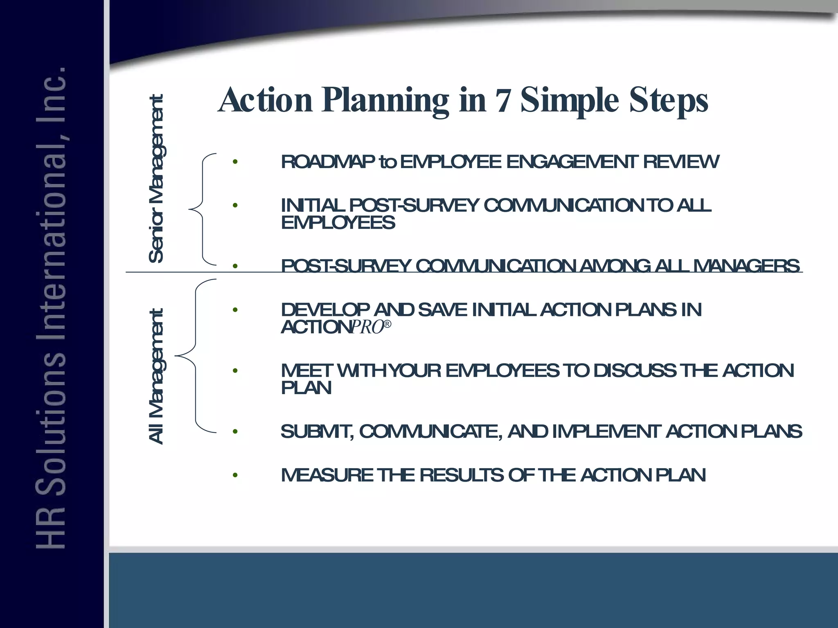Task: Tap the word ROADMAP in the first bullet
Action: pos(328,162)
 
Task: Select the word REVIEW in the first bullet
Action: pos(681,162)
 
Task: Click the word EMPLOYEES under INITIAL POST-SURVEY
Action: pos(338,223)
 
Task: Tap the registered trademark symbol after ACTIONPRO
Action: pos(387,324)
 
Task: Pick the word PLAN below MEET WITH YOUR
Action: pos(306,388)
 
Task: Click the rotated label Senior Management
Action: pos(156,179)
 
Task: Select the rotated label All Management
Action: pos(156,376)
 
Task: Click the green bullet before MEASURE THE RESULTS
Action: pos(235,475)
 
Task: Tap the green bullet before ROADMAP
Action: pos(235,162)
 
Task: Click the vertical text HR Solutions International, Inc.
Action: pos(51,307)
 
